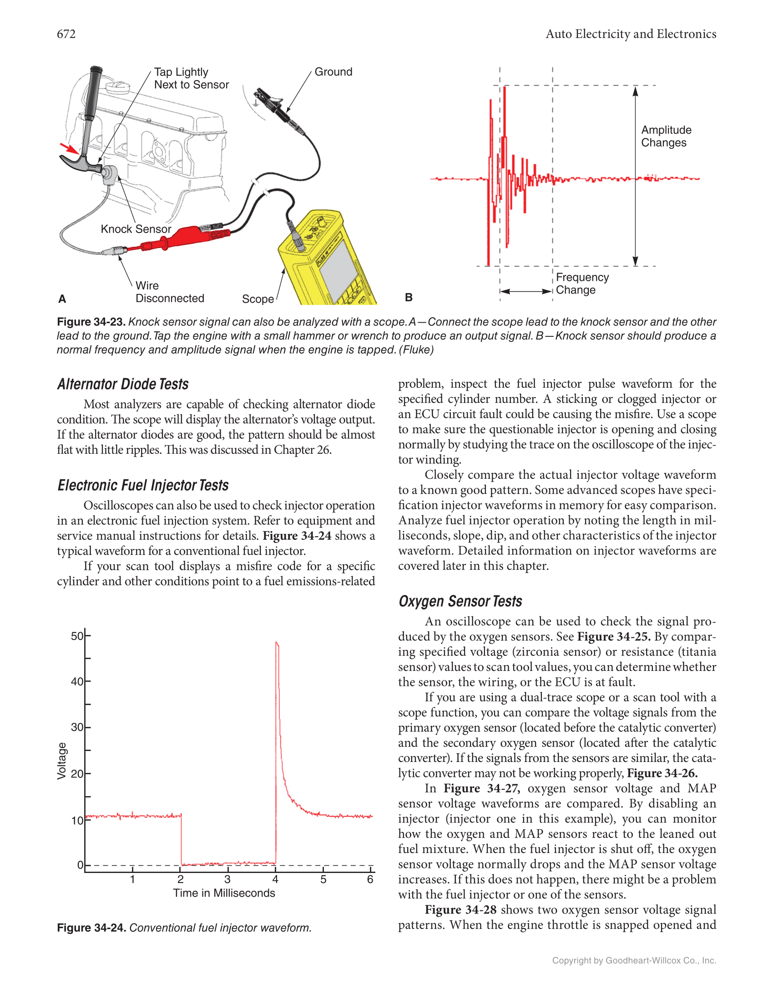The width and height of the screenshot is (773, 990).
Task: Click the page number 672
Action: (x=66, y=34)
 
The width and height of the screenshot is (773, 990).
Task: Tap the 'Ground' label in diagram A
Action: (x=333, y=72)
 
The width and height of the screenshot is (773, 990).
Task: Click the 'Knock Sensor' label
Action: (x=136, y=229)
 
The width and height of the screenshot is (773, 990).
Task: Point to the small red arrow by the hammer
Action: (x=69, y=148)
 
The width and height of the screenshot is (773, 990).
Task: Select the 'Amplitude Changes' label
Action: (x=666, y=137)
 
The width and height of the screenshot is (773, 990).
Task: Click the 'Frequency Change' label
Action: (x=582, y=284)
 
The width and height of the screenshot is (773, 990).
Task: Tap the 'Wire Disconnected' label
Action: (x=169, y=292)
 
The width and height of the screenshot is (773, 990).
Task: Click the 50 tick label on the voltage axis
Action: (x=77, y=636)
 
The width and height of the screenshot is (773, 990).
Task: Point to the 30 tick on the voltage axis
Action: (x=77, y=727)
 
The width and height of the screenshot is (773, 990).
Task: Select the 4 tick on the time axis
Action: (x=275, y=879)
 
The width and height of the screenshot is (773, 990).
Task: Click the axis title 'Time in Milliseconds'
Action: (x=224, y=893)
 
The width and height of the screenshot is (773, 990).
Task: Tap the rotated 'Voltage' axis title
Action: (x=62, y=761)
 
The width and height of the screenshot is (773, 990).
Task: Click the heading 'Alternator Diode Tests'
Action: (x=123, y=384)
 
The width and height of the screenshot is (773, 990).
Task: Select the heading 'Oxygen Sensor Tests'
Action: (x=460, y=601)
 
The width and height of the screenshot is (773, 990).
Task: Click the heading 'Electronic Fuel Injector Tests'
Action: (x=143, y=485)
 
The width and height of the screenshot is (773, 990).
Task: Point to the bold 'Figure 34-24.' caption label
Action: (x=91, y=928)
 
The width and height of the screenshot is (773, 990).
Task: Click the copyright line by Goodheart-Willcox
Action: (x=634, y=960)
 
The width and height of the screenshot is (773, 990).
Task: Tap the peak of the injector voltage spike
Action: (x=277, y=643)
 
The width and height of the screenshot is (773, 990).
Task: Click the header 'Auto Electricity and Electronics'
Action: (x=631, y=34)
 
